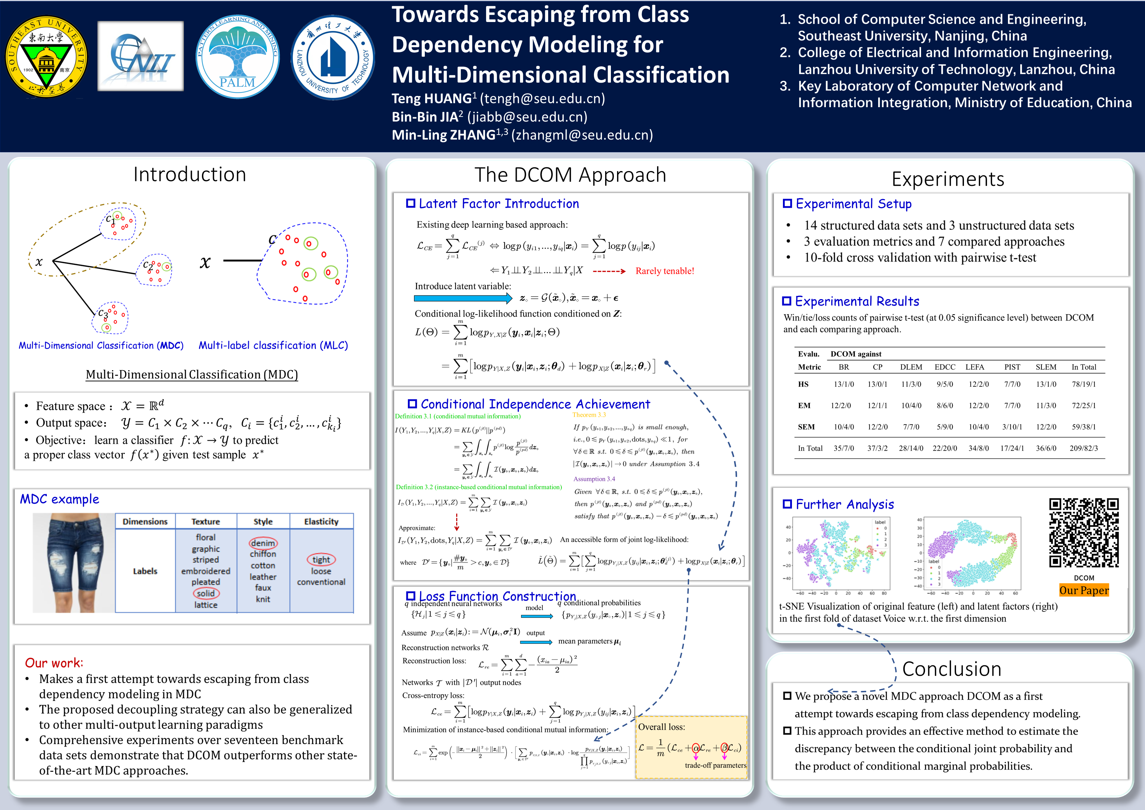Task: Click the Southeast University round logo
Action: coord(46,56)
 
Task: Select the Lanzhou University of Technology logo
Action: coord(333,57)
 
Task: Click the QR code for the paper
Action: coord(1083,533)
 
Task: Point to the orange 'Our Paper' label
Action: coord(1084,590)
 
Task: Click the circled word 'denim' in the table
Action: coord(263,543)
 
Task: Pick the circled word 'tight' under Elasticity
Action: coord(321,560)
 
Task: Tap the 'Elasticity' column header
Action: coord(321,521)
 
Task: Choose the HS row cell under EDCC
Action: coord(944,384)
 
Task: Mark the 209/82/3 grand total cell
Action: coord(1083,448)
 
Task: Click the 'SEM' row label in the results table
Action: coord(806,427)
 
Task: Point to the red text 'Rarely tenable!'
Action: coord(664,271)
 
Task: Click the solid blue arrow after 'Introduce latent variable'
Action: coord(462,298)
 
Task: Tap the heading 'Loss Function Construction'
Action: coord(497,596)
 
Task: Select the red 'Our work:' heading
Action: coord(54,663)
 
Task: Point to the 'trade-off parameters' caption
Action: coord(715,765)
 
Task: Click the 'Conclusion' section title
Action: coord(951,669)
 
